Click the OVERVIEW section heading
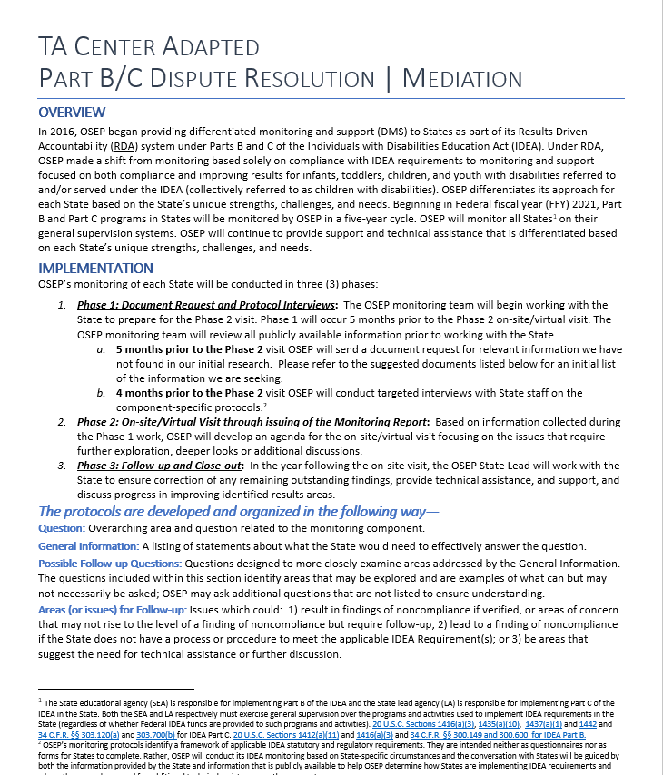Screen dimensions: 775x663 (72, 113)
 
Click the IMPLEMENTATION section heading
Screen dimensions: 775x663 (95, 269)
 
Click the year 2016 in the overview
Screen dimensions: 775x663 (62, 132)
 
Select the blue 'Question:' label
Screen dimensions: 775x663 (62, 528)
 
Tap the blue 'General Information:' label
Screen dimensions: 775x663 (88, 546)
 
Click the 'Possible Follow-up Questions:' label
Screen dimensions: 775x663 (110, 564)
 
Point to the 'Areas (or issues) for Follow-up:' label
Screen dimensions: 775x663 (112, 612)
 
